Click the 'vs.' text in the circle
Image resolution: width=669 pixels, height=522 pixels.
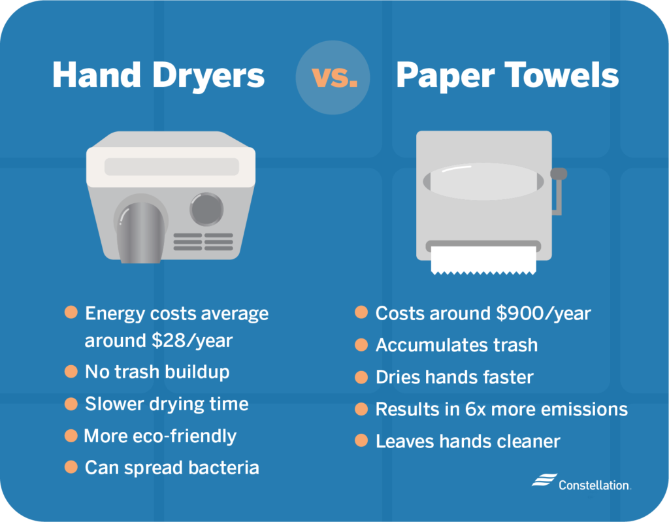334,77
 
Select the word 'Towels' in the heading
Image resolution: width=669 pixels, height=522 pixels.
561,75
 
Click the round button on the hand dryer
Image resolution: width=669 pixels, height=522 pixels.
206,208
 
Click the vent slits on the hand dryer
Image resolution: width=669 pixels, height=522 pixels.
203,242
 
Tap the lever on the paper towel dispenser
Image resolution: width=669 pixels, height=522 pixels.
558,190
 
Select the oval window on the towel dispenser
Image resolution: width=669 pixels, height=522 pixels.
483,181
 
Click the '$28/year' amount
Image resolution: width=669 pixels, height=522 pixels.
192,340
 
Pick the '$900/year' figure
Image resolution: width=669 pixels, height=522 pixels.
544,314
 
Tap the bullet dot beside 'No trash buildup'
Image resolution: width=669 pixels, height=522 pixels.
71,371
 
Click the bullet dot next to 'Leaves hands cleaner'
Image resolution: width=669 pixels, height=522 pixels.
361,440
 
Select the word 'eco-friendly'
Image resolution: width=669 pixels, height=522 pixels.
184,436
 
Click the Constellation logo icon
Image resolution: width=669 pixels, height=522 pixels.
544,480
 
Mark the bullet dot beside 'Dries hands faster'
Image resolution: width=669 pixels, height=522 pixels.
361,378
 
